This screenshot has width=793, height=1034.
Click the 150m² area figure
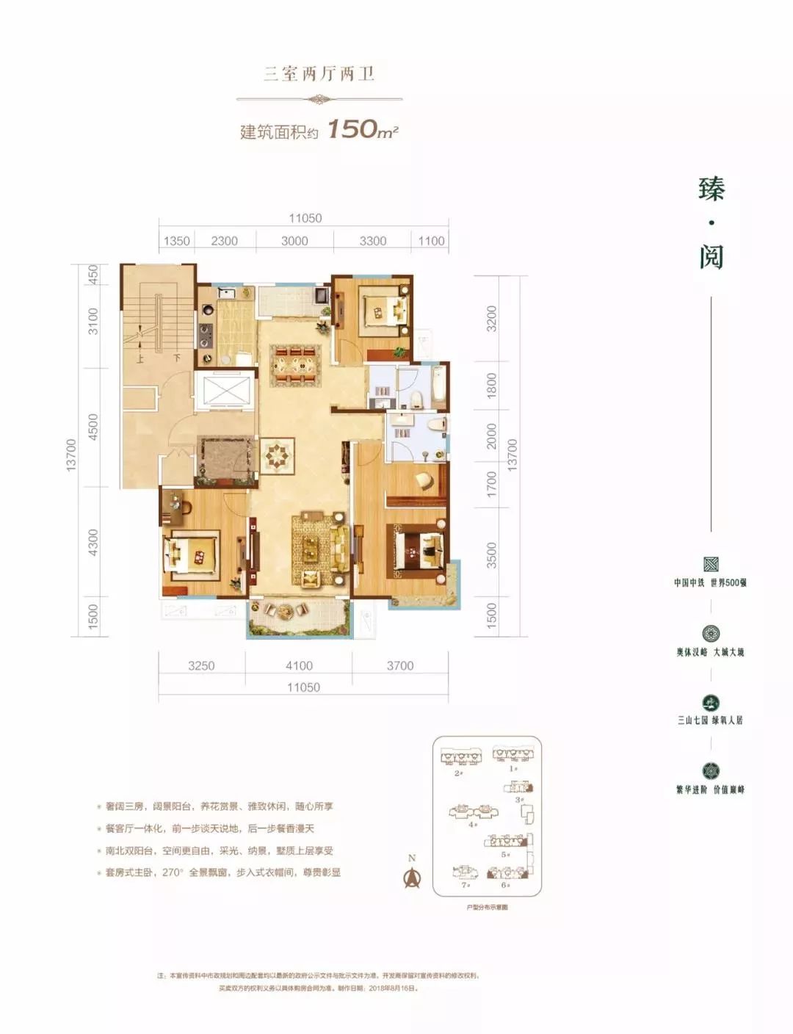point(362,129)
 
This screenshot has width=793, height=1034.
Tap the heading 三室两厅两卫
point(319,73)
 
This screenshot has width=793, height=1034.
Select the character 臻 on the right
point(711,189)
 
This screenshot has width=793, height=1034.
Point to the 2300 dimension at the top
point(224,241)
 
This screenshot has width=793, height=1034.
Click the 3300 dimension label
point(372,241)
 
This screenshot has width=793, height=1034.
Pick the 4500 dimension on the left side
point(93,427)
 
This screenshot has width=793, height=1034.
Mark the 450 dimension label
point(93,275)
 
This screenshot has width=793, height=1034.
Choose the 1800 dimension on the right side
point(491,385)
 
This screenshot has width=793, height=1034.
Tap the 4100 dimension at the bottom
point(299,665)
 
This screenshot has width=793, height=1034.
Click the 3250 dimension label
point(201,665)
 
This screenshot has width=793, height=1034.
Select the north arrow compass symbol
point(412,876)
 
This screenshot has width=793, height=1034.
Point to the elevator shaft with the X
point(225,389)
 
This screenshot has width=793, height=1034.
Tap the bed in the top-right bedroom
point(383,311)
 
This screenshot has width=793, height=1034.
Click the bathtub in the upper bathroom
point(438,386)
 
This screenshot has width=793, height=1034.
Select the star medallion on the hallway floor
point(279,456)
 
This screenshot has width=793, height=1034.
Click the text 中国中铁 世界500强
point(710,582)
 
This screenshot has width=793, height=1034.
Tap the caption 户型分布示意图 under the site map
point(487,908)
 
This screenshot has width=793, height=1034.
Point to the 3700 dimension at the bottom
point(400,665)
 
